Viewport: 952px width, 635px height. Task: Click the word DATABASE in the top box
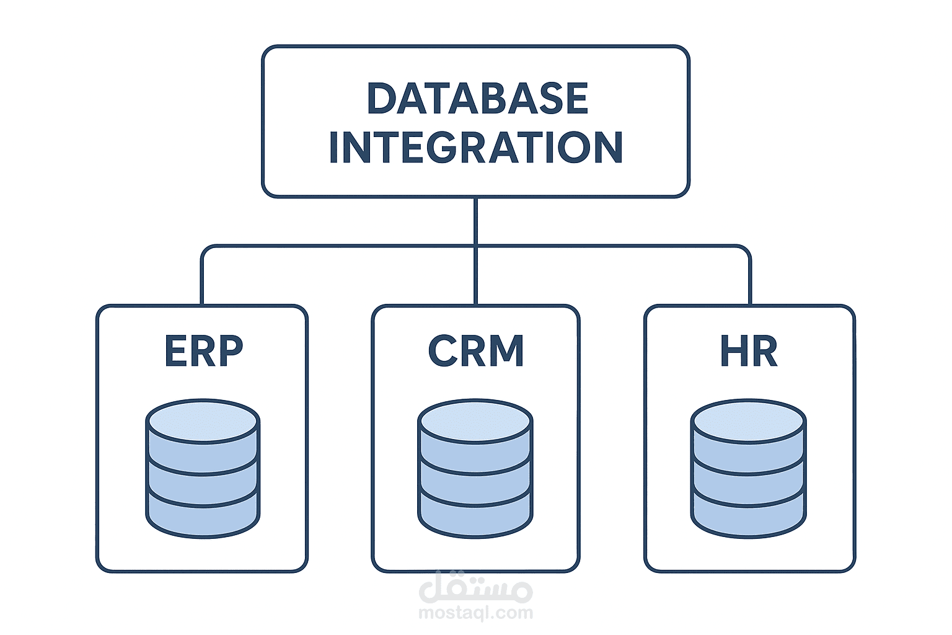pyautogui.click(x=477, y=98)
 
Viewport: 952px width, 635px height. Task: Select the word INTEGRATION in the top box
pyautogui.click(x=476, y=147)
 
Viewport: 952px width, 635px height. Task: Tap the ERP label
pyautogui.click(x=203, y=351)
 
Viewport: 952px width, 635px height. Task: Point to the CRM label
pyautogui.click(x=476, y=351)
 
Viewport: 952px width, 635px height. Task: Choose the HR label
pyautogui.click(x=749, y=351)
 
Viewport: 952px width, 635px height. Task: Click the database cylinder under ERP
pyautogui.click(x=203, y=469)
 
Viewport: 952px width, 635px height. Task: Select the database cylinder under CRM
pyautogui.click(x=475, y=469)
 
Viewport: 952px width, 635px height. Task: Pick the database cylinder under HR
pyautogui.click(x=749, y=469)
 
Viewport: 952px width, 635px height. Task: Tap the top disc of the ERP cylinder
pyautogui.click(x=203, y=422)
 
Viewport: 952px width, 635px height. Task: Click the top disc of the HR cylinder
pyautogui.click(x=749, y=422)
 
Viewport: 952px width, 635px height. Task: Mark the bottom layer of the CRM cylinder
pyautogui.click(x=475, y=517)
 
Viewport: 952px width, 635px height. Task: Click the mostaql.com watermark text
pyautogui.click(x=475, y=613)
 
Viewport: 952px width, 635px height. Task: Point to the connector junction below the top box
pyautogui.click(x=475, y=246)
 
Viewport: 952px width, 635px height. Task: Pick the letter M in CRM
pyautogui.click(x=506, y=351)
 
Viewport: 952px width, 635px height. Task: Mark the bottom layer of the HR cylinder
pyautogui.click(x=749, y=517)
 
